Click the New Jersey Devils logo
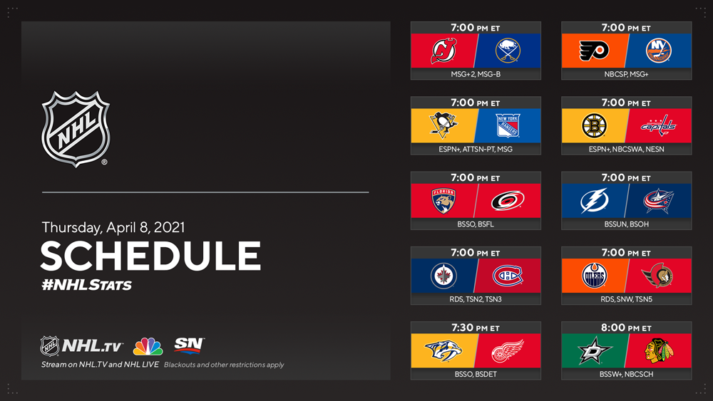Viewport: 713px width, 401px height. pos(443,51)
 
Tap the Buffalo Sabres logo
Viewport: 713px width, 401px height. pos(508,51)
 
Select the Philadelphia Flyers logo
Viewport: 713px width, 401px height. pos(594,51)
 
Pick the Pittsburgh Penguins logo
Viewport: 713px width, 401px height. pos(443,125)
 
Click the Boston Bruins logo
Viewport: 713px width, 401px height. pos(595,125)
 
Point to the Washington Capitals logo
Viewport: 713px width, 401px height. pos(658,126)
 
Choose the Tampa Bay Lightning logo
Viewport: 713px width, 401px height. pos(594,201)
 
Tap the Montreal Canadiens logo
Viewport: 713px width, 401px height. pos(508,276)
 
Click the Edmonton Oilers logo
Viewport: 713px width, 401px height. pos(595,276)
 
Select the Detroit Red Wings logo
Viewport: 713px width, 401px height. pos(508,351)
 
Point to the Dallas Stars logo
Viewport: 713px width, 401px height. pos(595,350)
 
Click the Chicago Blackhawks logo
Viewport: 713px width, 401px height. pos(658,350)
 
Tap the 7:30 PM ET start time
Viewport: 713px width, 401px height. pos(475,328)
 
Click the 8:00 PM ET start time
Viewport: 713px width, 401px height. pos(626,328)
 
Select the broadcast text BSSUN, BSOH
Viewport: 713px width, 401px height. pos(626,224)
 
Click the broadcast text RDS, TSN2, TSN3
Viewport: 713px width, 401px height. pos(475,299)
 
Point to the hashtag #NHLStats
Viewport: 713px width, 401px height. pos(86,285)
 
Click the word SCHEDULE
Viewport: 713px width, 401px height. pos(150,256)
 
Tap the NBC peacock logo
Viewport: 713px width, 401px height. pos(148,346)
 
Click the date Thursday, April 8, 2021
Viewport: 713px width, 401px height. pos(113,227)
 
